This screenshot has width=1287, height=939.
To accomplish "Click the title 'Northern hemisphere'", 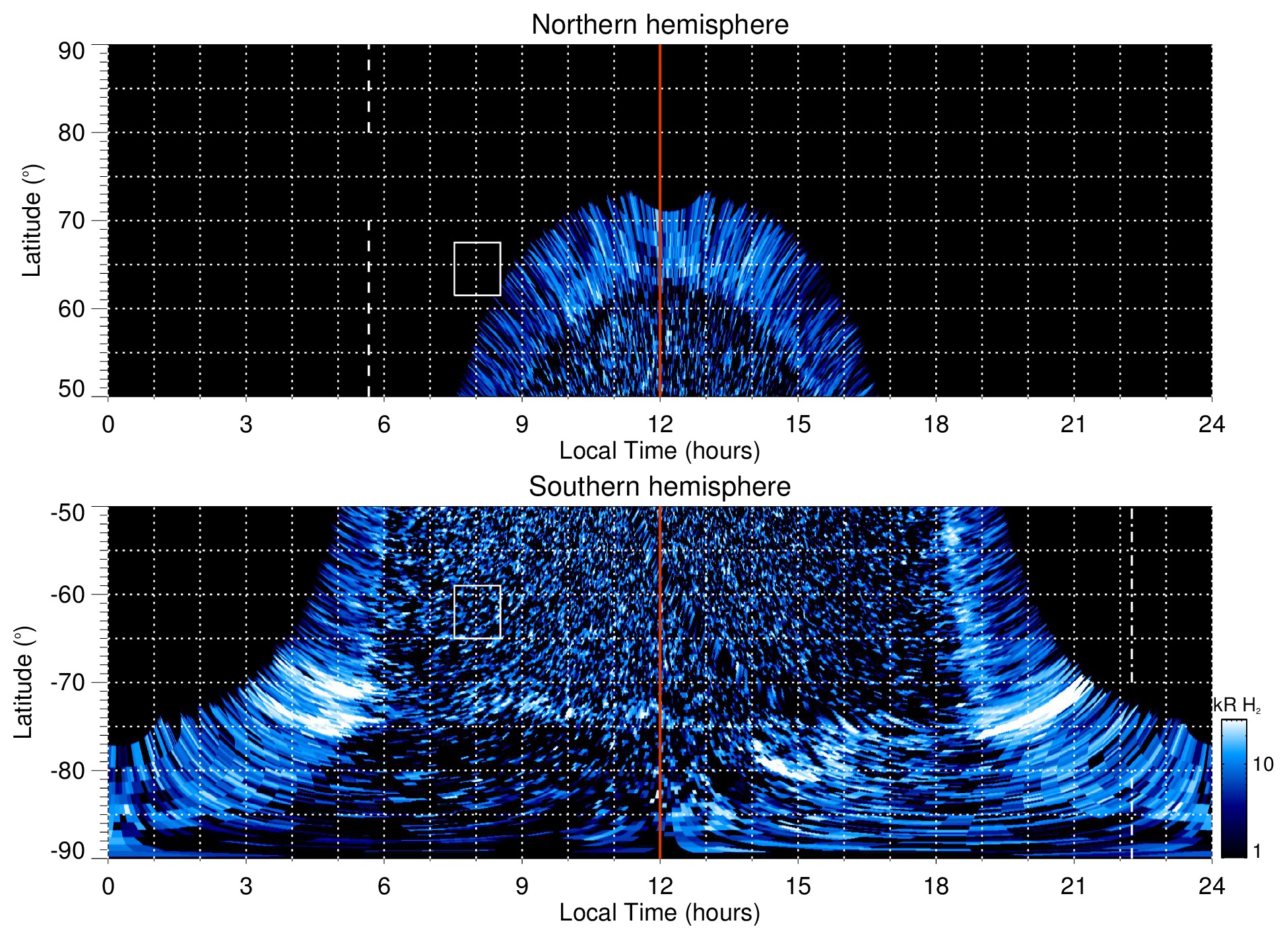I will coord(659,25).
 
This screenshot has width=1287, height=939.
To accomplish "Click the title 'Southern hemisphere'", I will coord(659,487).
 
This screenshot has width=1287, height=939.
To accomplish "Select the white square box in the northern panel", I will coord(477,269).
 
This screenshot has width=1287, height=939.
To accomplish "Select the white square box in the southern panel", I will coord(477,612).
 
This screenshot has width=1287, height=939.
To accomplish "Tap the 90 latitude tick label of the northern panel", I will coord(71,51).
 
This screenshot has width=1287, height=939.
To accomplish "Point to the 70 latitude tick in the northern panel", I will coord(71,220).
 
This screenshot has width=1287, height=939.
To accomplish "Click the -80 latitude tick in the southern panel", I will coord(67,770).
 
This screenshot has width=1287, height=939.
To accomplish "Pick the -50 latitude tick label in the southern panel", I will coord(67,513).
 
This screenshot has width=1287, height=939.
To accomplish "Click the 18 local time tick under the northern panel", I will coord(936,424).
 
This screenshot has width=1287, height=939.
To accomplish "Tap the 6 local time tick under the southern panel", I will coord(384,886).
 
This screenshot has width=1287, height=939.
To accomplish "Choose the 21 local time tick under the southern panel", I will coord(1074,886).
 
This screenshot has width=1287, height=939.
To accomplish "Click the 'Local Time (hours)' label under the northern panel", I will coord(659,451).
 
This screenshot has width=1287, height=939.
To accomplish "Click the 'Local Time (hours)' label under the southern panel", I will coord(659,913).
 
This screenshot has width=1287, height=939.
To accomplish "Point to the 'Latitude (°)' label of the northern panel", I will coord(32,220).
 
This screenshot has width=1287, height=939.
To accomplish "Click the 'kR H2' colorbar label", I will coord(1237,705).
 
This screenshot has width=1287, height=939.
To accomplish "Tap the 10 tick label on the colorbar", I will coord(1263,765).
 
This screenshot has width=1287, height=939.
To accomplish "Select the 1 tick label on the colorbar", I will coord(1257,851).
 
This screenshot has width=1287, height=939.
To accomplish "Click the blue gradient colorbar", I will coord(1233,789).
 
